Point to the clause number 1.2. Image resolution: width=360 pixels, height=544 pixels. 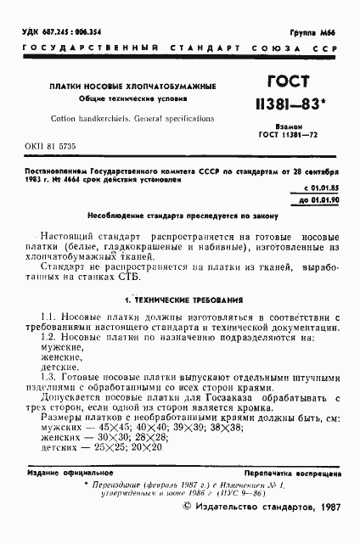[49, 362]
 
